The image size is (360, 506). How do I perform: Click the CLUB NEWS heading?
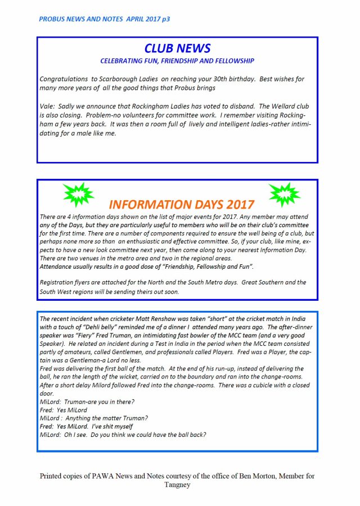coord(177,48)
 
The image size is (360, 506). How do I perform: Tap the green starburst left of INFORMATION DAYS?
coord(78,195)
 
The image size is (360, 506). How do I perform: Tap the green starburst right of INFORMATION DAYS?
coord(285,195)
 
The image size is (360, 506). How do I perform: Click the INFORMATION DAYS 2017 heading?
coord(182,204)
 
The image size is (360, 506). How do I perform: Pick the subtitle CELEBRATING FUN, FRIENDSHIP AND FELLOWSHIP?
coord(177,61)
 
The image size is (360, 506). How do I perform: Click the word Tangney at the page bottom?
coord(177,485)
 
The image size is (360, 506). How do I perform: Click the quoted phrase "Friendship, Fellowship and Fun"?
coord(212,265)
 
